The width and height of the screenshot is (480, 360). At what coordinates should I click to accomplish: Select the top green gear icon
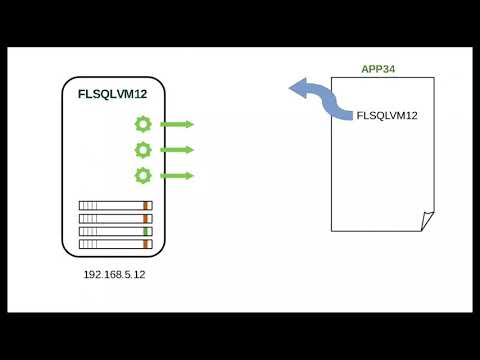[143, 124]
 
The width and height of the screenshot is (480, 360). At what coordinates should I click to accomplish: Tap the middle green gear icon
[143, 150]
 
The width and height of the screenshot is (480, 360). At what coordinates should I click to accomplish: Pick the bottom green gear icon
[143, 175]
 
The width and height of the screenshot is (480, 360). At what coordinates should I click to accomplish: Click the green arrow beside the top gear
[177, 124]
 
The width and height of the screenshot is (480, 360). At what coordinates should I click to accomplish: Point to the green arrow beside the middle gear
[177, 150]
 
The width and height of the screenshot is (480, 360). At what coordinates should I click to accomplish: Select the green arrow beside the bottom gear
[177, 175]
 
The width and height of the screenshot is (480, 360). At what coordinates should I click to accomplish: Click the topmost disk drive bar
[115, 206]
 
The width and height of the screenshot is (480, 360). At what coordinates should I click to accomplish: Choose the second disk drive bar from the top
[115, 218]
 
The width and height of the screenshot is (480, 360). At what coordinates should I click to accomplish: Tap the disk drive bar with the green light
[115, 231]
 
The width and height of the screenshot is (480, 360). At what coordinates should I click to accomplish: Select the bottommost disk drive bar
[115, 243]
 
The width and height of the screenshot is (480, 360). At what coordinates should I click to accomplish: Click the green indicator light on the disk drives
[146, 231]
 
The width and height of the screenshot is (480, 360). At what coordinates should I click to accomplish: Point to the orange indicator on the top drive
[146, 206]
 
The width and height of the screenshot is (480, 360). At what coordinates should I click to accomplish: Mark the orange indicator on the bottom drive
[146, 243]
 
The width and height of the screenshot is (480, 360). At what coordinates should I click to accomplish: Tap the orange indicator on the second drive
[146, 218]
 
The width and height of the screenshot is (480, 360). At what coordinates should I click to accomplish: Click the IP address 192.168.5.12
[115, 272]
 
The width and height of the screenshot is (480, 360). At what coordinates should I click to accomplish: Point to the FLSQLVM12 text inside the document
[387, 116]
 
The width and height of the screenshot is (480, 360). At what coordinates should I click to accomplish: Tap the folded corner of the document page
[427, 220]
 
